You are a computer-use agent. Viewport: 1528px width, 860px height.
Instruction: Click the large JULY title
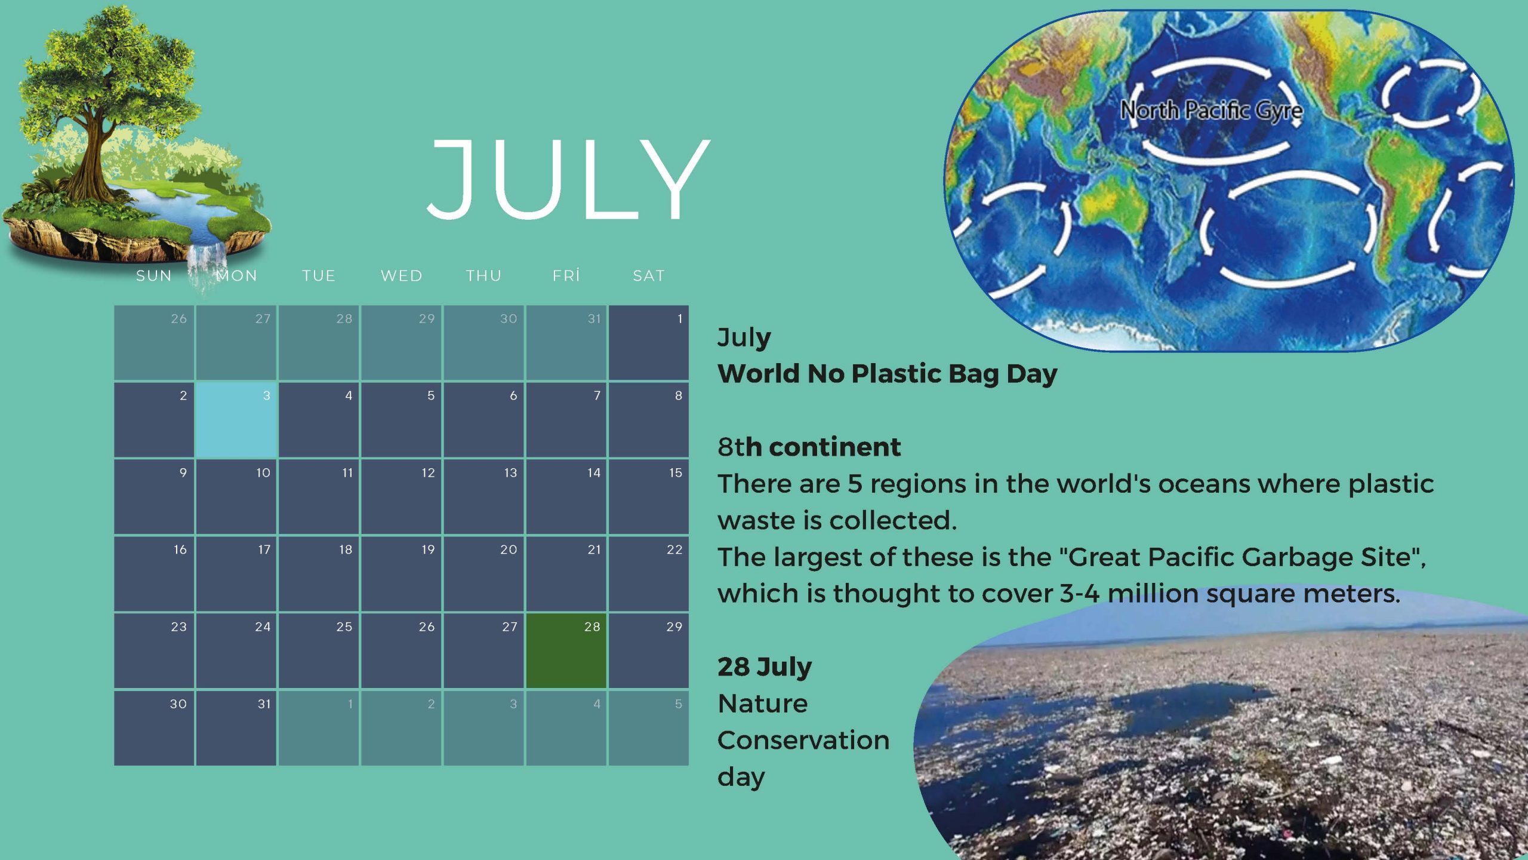coord(569,179)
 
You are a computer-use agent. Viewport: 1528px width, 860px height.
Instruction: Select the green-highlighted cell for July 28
coord(566,651)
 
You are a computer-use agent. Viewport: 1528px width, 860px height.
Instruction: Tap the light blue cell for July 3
coord(236,420)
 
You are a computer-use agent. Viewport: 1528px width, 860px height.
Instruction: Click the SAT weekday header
coord(649,275)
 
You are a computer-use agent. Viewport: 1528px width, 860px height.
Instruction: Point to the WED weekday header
coord(402,275)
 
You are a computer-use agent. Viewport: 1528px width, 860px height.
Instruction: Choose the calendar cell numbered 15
coord(649,497)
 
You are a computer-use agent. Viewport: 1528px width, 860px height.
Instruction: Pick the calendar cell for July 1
coord(649,343)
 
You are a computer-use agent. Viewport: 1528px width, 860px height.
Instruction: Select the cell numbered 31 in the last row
coord(236,728)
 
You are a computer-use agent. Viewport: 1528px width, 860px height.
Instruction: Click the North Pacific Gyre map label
coord(1211,110)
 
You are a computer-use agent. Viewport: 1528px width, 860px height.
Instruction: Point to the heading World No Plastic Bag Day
coord(888,374)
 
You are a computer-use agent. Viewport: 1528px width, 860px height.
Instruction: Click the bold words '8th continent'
coord(809,447)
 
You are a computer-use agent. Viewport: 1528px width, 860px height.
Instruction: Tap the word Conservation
coord(803,741)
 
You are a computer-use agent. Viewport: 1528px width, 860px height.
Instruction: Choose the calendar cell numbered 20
coord(483,574)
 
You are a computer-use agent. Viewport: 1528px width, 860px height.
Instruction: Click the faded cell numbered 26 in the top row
coord(154,343)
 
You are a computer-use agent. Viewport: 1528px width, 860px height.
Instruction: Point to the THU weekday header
coord(484,275)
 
